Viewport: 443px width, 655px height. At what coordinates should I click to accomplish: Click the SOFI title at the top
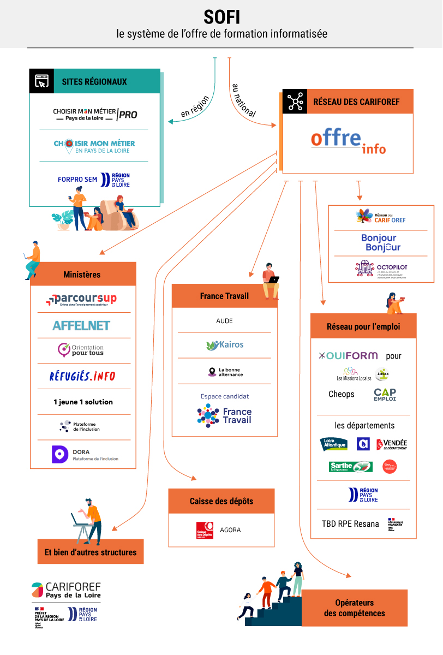click(x=221, y=17)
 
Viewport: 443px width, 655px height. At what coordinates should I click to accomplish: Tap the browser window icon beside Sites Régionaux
click(x=41, y=81)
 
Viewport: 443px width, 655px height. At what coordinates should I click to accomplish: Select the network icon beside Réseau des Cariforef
click(x=295, y=102)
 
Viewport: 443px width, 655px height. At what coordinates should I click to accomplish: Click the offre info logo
click(x=348, y=141)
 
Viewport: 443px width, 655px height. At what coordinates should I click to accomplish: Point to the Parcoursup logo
click(x=81, y=300)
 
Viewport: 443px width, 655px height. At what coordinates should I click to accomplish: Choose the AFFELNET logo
click(x=81, y=325)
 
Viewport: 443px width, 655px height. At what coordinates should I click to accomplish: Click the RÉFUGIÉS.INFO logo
click(x=82, y=376)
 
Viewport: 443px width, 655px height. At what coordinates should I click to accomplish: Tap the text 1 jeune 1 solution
click(x=83, y=402)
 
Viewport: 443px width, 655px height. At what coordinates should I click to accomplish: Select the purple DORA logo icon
click(x=60, y=455)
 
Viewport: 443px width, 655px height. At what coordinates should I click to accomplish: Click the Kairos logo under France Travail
click(x=225, y=345)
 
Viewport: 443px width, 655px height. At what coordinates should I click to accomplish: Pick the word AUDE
click(x=224, y=321)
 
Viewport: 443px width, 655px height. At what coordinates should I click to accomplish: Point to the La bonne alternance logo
click(x=225, y=372)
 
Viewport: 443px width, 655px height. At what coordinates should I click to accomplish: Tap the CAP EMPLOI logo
click(x=385, y=394)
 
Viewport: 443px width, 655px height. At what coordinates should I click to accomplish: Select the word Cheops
click(x=342, y=394)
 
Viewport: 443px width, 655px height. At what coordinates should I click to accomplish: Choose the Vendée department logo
click(x=392, y=444)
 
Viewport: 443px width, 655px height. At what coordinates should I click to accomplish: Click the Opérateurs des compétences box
click(x=354, y=608)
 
